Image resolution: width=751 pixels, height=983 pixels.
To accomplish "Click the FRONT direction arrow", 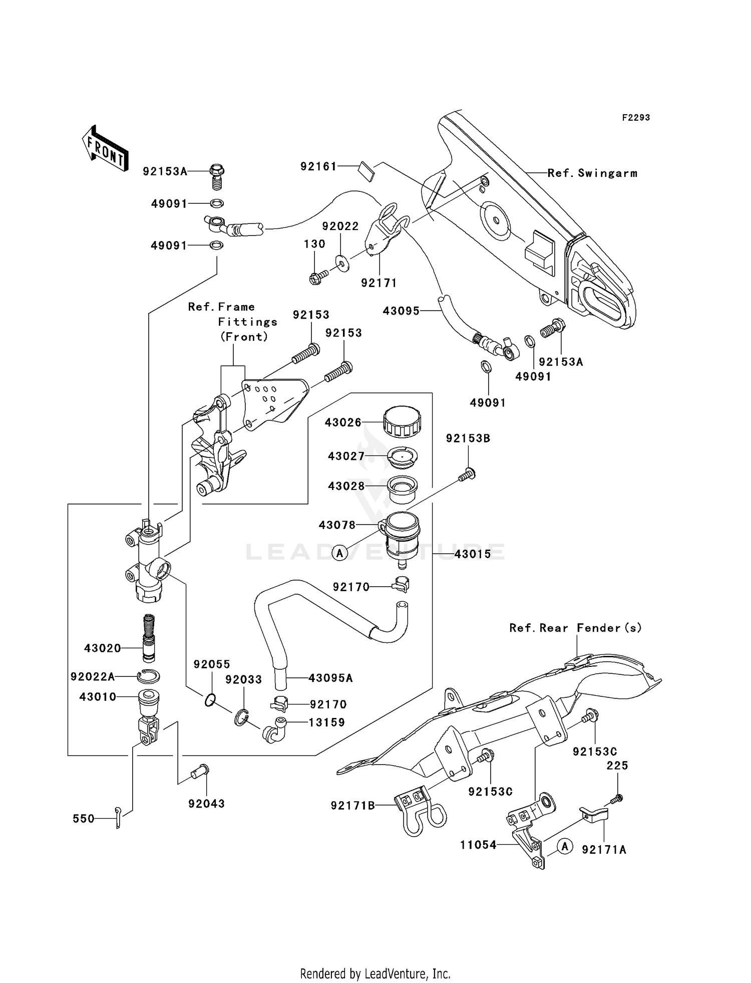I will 104,149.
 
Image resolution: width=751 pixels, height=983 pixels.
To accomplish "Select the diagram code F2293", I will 636,118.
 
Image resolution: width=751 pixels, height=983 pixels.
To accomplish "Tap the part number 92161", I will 318,166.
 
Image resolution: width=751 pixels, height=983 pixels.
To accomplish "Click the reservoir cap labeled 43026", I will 402,422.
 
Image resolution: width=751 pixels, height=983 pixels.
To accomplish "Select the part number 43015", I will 473,554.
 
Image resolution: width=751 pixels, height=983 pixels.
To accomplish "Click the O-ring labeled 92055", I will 210,700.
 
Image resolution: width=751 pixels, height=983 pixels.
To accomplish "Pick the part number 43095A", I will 330,678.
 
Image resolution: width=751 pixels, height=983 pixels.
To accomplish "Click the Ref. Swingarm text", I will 592,173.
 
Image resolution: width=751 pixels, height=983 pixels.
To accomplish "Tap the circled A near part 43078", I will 340,553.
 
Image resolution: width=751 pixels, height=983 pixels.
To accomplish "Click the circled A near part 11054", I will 565,846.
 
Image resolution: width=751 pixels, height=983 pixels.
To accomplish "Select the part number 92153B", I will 468,438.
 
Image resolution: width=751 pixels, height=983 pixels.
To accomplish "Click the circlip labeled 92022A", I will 149,677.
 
